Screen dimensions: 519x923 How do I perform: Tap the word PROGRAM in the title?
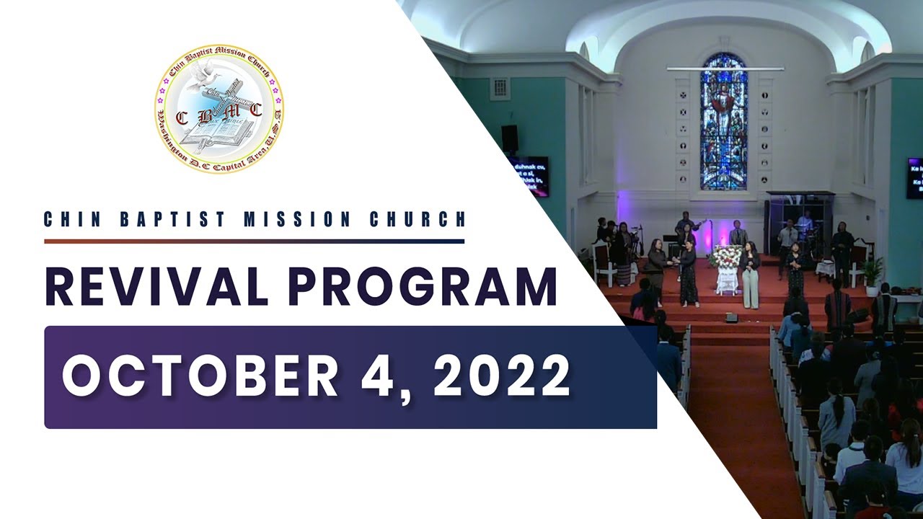(423, 287)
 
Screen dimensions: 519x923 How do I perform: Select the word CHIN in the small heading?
(71, 219)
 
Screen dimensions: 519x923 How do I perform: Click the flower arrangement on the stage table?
(727, 257)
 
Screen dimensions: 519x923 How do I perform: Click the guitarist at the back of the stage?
(685, 229)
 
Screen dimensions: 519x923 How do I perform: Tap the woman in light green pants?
(750, 277)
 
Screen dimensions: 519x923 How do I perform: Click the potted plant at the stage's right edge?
(873, 273)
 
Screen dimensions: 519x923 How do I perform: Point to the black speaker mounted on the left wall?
(510, 138)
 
